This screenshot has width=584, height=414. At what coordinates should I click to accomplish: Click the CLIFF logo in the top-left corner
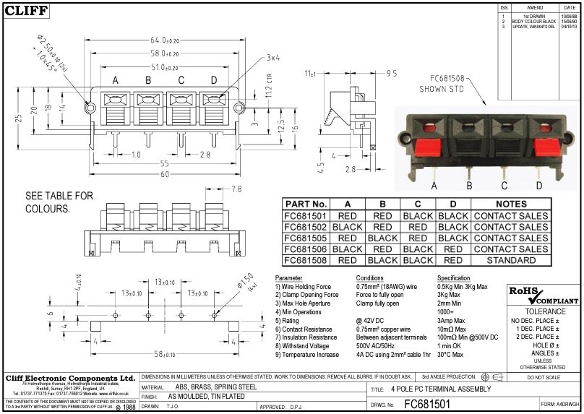tap(27, 11)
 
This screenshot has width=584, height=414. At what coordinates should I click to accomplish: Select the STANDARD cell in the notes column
tap(511, 260)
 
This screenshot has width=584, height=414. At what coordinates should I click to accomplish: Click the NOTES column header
tap(511, 204)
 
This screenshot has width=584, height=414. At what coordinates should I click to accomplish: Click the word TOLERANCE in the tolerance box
tap(544, 311)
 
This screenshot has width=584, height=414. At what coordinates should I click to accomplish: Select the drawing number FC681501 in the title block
tap(426, 405)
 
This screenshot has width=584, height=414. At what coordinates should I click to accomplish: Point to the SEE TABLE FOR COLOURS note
tap(59, 202)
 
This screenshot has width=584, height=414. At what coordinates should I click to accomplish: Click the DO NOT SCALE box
tap(544, 377)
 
